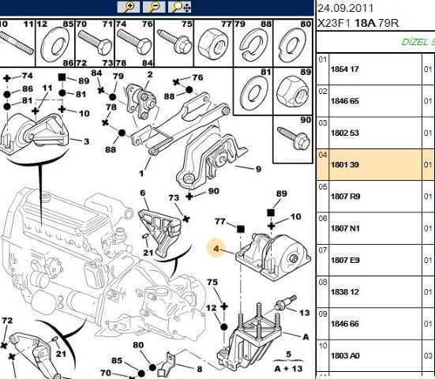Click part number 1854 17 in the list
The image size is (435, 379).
[344, 69]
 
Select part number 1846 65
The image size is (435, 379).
[344, 101]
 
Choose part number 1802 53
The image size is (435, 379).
[344, 133]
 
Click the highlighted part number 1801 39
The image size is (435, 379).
[344, 164]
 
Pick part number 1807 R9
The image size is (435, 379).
[344, 196]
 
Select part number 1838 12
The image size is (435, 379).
[344, 291]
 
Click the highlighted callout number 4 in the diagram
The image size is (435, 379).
[216, 250]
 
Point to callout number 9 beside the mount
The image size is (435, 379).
[257, 169]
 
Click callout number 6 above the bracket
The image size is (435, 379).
[143, 193]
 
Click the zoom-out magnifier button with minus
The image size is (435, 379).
[155, 7]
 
